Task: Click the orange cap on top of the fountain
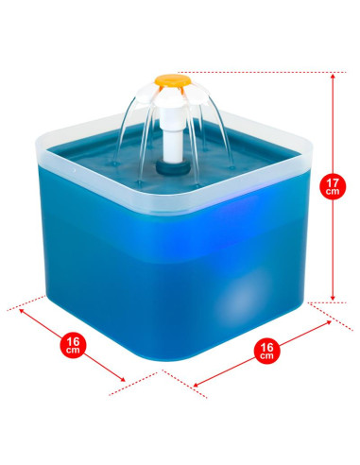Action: tap(173, 80)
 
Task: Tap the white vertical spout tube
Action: tap(173, 135)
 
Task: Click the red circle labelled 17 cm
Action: tap(333, 186)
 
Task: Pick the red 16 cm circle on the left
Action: tap(73, 345)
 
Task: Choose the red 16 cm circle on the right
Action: tap(266, 351)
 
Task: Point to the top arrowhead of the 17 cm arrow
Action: tap(333, 76)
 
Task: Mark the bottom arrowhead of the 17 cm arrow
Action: tap(333, 298)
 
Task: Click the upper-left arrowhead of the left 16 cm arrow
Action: tap(22, 311)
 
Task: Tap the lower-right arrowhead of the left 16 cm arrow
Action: tap(122, 379)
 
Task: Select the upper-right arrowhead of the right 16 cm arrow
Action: tap(329, 322)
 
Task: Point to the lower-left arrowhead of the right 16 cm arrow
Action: tap(197, 384)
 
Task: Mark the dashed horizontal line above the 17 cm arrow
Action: tap(262, 72)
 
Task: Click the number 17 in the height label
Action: tap(333, 182)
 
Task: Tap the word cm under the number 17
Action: tap(333, 191)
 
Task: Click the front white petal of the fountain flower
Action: tap(172, 97)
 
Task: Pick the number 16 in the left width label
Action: tap(73, 341)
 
